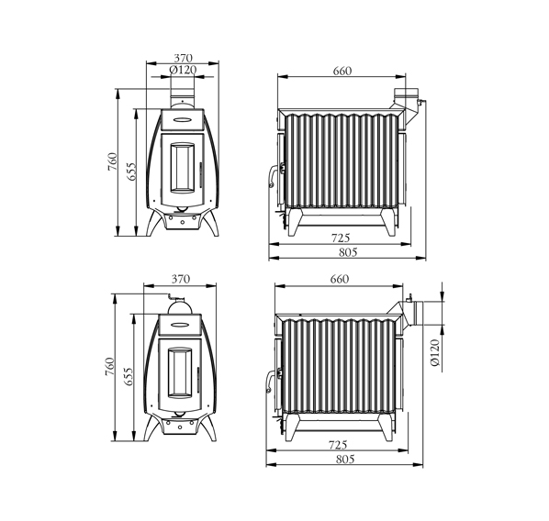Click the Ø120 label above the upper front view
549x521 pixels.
point(183,70)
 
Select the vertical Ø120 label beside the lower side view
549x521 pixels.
point(434,352)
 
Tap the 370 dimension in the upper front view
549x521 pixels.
point(183,58)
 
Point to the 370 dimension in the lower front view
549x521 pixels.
point(181,279)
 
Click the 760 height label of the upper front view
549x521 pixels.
point(112,161)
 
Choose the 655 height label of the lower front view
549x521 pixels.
point(129,376)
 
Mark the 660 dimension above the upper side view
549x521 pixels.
point(342,71)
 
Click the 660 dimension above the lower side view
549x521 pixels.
point(340,279)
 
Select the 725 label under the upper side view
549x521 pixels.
point(341,238)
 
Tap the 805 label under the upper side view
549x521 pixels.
point(348,252)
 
